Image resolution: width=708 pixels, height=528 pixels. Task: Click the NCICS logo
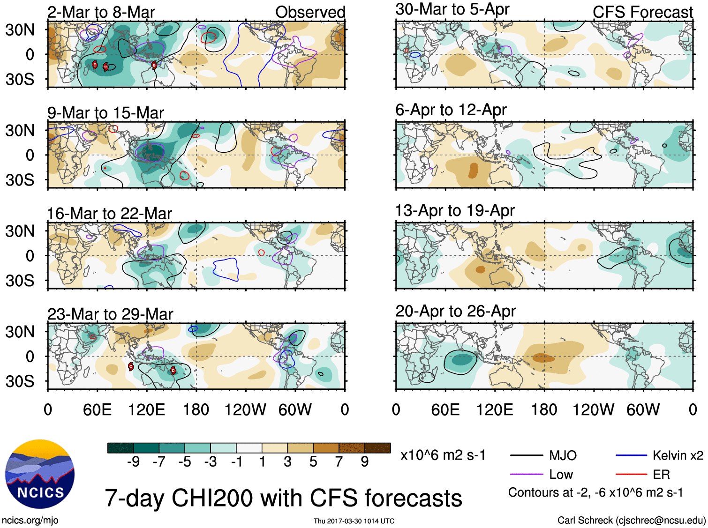coord(40,474)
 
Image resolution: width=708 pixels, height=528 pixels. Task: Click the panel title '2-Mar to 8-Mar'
coord(101,12)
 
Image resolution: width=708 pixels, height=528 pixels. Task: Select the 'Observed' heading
coord(310,12)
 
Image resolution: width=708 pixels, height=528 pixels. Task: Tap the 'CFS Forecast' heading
coord(642,12)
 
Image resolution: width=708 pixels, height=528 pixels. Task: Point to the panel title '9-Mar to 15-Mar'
coord(105,113)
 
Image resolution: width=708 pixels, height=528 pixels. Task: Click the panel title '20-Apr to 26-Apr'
coord(455,311)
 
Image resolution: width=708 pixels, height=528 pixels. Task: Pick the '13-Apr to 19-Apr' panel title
coord(455,210)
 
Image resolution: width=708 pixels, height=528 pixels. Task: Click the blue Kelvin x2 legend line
coord(631,455)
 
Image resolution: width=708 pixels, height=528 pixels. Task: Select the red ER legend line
coord(631,474)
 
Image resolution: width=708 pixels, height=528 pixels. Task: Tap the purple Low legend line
coord(527,474)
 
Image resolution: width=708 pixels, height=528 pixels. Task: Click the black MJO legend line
coord(527,455)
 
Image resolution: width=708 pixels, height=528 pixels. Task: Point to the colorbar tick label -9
coord(133,462)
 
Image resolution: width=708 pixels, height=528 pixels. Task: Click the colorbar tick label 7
coord(339,462)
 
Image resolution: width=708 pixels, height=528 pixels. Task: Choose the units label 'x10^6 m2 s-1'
coord(443,455)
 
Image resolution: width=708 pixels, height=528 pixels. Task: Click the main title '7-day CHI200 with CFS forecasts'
coord(283,498)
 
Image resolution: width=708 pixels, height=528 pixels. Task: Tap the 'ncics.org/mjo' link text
coord(30,520)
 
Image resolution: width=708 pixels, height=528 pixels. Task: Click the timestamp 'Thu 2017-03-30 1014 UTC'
coord(354,521)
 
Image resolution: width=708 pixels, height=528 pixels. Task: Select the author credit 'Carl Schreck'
coord(585,520)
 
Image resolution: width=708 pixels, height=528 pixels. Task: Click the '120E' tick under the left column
coord(147,410)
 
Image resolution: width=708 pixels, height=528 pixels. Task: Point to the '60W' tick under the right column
coord(643,410)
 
